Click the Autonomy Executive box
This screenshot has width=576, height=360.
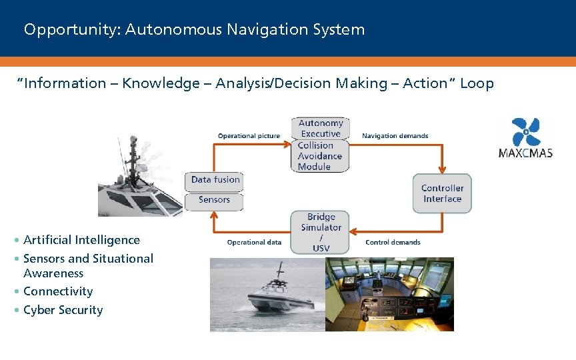pos(321,128)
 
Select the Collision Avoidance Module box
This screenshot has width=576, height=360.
pos(320,156)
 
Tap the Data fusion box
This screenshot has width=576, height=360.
pos(214,179)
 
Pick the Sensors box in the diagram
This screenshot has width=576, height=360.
pos(214,200)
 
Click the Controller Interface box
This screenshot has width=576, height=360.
pos(442,193)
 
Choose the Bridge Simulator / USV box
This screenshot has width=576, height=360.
pos(321,232)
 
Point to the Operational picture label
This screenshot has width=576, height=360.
pos(249,136)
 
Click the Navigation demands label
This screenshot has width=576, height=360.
pos(395,136)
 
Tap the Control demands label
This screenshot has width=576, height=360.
pos(393,242)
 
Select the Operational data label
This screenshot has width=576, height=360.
pos(254,242)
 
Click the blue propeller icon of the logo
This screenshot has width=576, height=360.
pos(526,131)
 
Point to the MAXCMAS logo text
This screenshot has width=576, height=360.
pos(525,153)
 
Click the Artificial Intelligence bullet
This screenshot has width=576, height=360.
pos(81,240)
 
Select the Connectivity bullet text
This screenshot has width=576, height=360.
pos(58,291)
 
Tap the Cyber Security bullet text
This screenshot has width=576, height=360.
pos(63,310)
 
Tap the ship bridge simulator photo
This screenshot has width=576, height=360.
pos(389,294)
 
